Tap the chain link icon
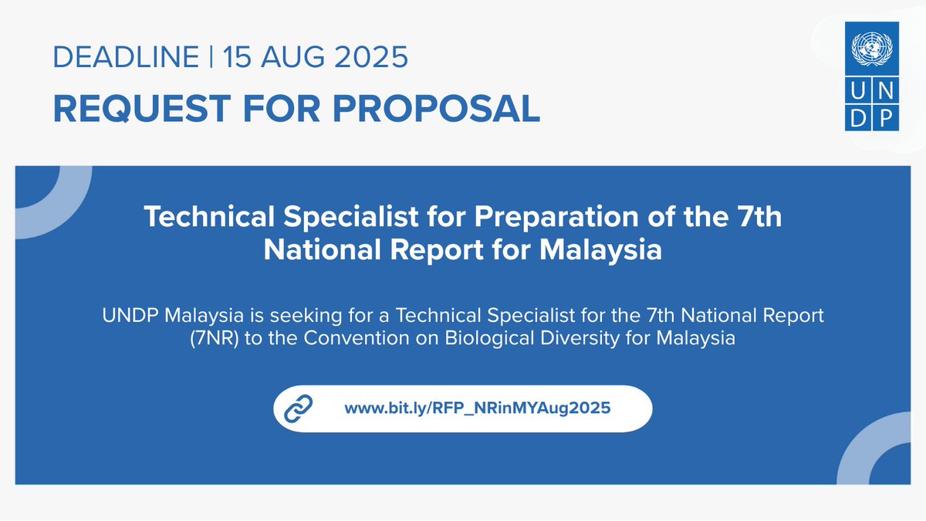(298, 408)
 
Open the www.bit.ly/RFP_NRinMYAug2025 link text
(478, 408)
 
